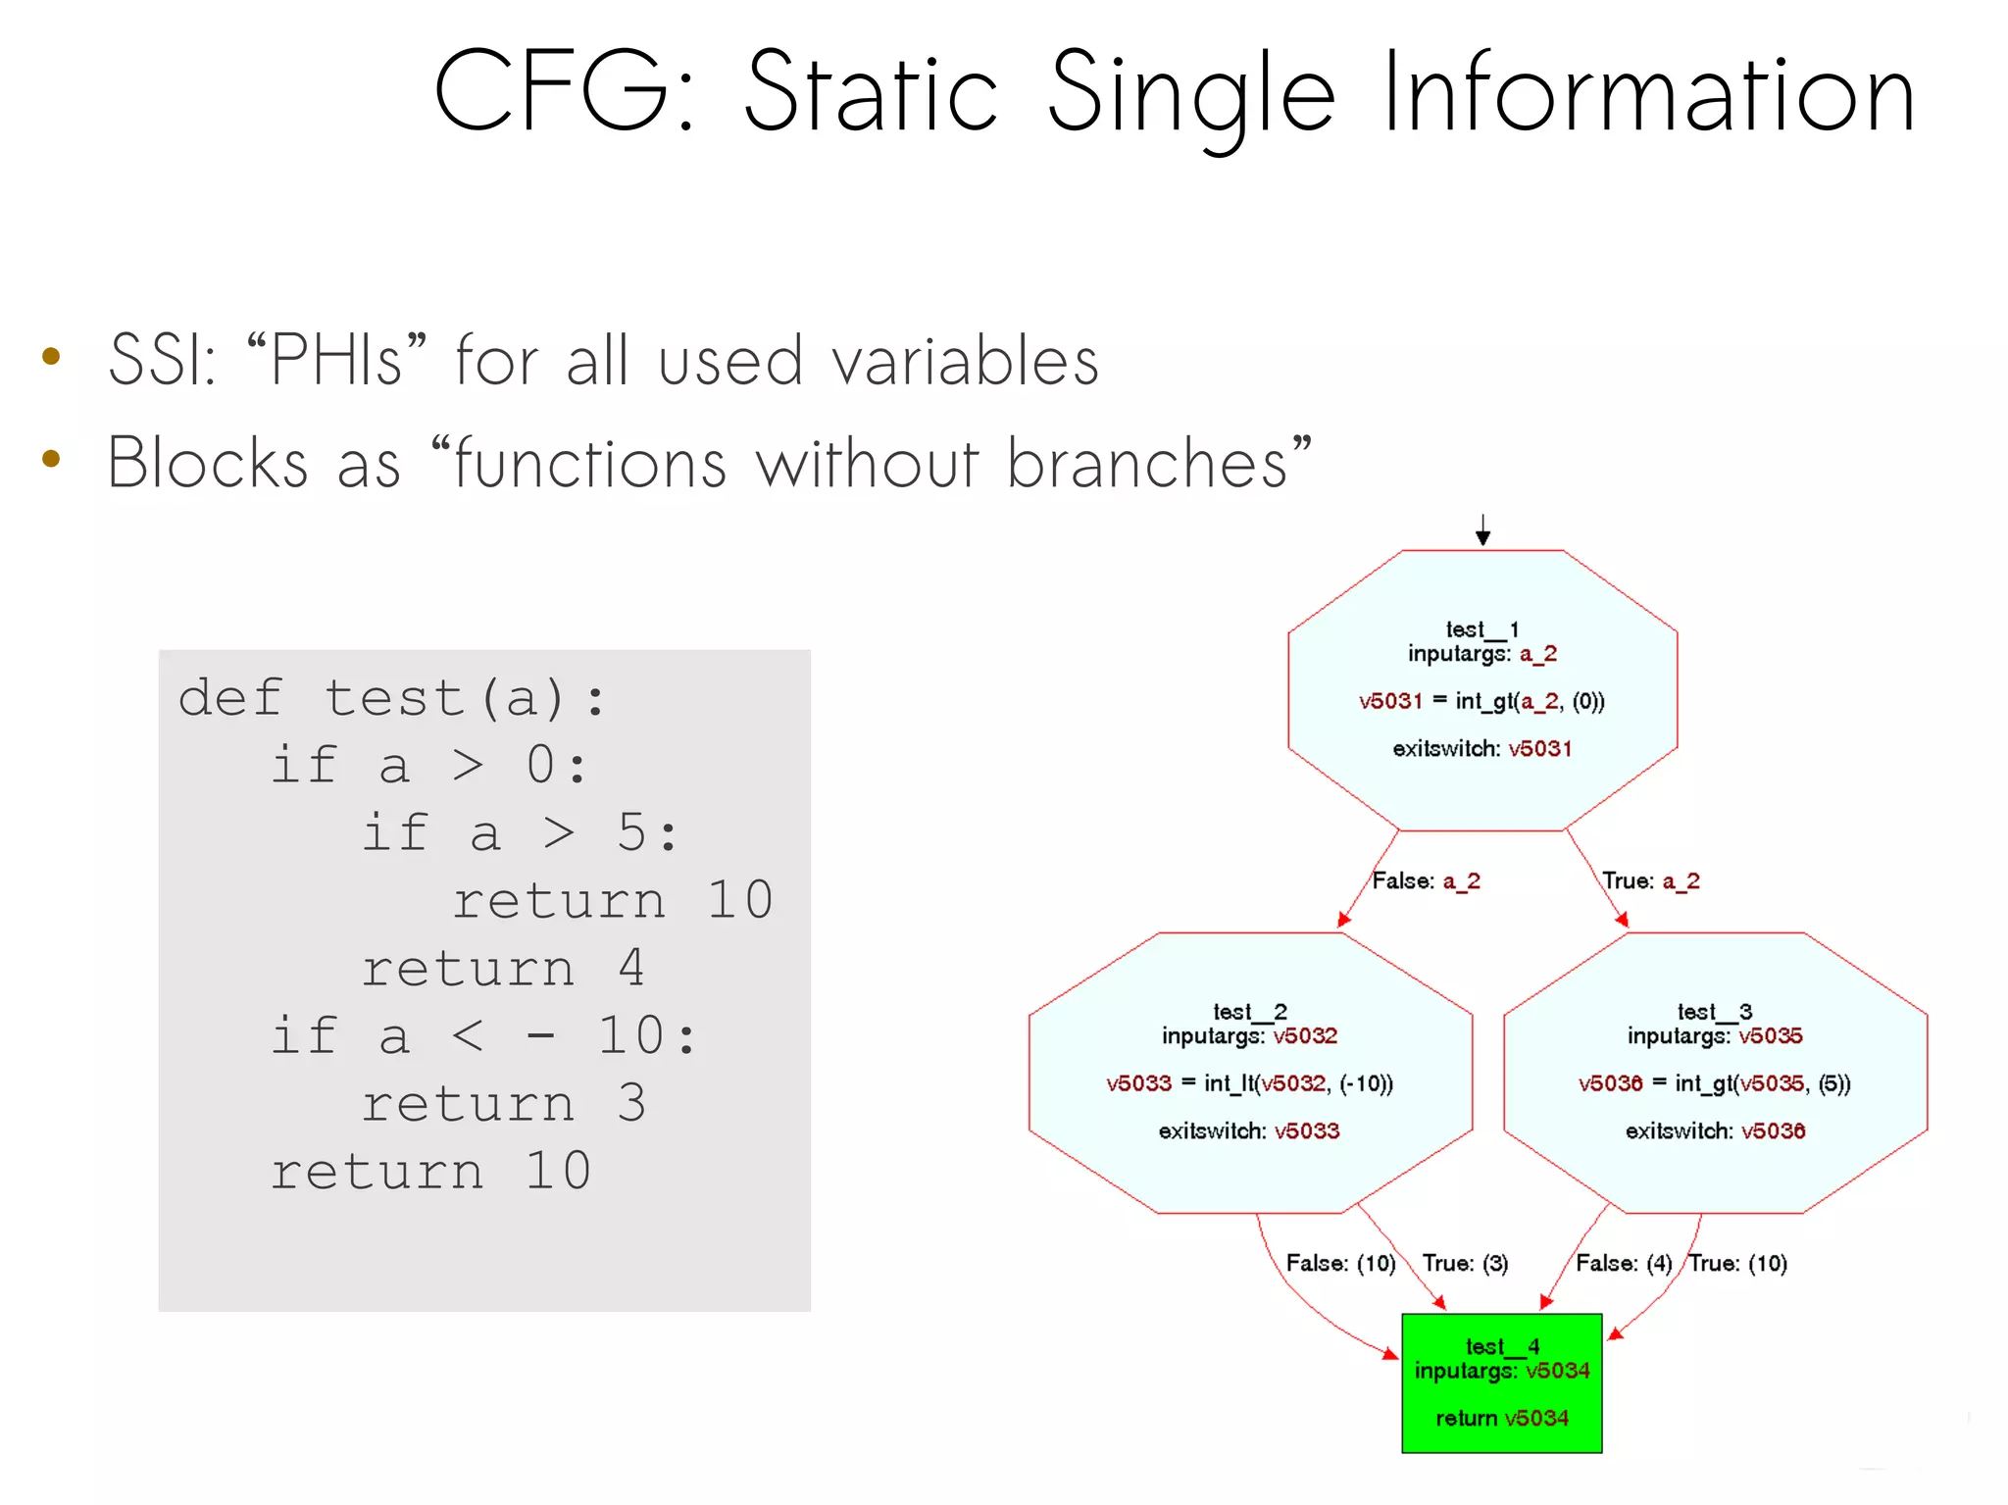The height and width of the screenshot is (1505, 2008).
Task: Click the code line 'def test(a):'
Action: point(392,698)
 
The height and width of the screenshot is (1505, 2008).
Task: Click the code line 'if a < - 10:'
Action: point(483,1036)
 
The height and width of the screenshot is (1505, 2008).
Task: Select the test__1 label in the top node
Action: point(1481,629)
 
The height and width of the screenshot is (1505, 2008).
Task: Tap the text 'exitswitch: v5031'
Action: point(1481,749)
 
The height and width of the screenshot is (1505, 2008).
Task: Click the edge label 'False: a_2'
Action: point(1426,880)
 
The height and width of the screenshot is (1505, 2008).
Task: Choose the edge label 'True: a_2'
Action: point(1650,880)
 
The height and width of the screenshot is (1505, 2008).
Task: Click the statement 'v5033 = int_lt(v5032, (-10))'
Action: point(1249,1083)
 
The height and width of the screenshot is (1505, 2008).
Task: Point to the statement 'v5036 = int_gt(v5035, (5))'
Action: point(1714,1083)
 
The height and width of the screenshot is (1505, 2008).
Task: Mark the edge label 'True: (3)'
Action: point(1465,1263)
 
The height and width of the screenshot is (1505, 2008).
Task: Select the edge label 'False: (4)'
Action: point(1623,1263)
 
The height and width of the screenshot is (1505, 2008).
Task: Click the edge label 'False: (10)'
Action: point(1340,1263)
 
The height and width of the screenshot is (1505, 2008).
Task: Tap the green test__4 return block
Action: point(1501,1383)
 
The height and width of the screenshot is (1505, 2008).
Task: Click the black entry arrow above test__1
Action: point(1482,530)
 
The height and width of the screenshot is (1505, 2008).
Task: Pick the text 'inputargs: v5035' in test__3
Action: point(1714,1036)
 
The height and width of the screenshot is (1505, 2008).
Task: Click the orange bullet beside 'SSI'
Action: point(52,357)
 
